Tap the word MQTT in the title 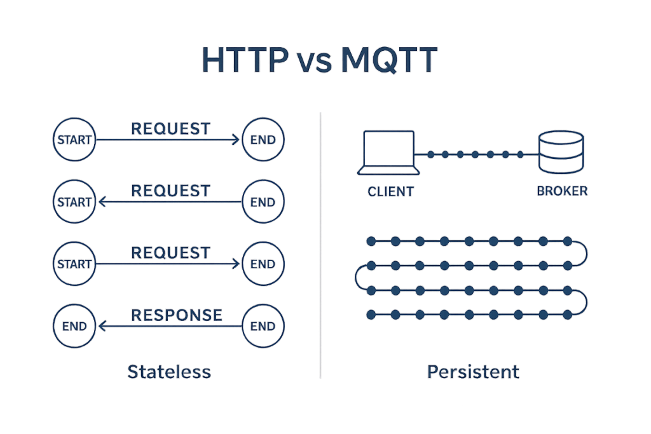tap(390, 60)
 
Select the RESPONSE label tap(177, 315)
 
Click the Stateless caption tap(169, 371)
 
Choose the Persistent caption tap(473, 371)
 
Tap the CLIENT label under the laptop tap(390, 191)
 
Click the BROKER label tap(562, 191)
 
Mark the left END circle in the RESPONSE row tap(74, 327)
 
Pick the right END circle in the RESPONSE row tap(263, 327)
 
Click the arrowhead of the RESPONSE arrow tap(100, 327)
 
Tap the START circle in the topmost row tap(74, 139)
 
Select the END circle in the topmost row tap(263, 139)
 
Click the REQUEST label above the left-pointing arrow tap(170, 190)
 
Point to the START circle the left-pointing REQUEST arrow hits tap(74, 202)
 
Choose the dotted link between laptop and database tap(474, 154)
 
